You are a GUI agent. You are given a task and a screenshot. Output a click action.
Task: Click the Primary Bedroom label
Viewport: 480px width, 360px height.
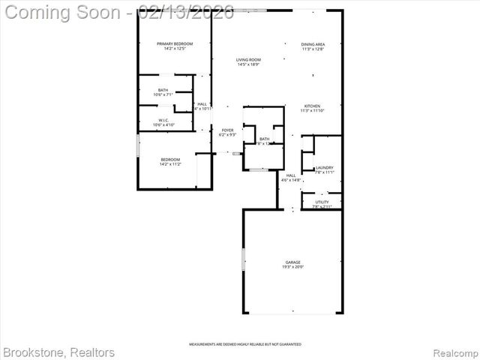click(174, 44)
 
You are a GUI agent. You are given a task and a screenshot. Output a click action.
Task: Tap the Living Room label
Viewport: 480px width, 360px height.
click(247, 59)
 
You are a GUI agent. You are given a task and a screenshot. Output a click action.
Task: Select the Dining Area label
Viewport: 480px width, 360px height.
click(313, 44)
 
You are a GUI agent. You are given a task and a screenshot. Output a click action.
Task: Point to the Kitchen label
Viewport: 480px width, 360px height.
click(312, 106)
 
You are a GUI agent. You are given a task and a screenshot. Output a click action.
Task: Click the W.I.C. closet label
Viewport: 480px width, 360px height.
click(163, 120)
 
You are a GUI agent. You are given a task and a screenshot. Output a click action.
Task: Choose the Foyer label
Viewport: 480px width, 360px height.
click(226, 130)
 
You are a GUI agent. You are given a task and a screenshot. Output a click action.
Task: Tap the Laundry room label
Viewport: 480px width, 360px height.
click(324, 167)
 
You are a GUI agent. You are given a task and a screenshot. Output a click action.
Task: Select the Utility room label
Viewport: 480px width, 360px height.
click(322, 201)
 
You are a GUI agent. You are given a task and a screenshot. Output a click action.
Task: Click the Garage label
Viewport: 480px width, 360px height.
click(292, 262)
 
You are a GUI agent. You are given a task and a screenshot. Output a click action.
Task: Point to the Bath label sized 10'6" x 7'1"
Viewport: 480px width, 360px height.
click(163, 90)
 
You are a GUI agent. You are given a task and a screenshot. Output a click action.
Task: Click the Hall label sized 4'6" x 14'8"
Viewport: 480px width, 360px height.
click(290, 175)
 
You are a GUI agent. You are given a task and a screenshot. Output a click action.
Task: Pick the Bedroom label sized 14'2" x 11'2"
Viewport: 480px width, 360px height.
click(170, 159)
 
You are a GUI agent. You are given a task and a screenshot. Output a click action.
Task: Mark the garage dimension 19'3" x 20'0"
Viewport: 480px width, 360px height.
click(292, 267)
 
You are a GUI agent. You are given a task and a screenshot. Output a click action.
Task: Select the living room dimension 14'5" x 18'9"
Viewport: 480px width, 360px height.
click(247, 64)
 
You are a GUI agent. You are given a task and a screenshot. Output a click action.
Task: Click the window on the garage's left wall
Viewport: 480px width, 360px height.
click(243, 258)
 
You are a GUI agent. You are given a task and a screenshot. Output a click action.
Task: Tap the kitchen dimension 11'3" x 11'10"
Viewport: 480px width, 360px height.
click(312, 111)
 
